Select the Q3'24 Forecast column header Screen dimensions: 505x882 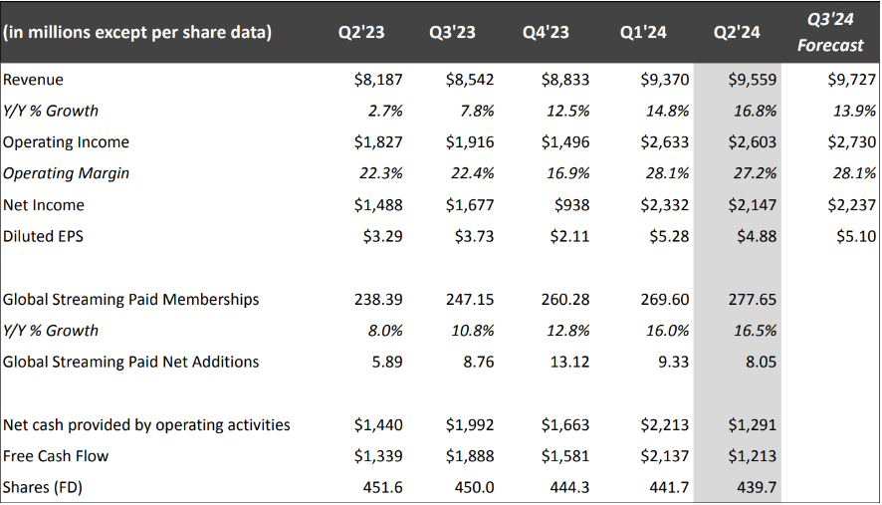pos(836,33)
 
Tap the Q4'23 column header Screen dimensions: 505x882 pos(547,33)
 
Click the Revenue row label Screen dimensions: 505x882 pos(33,80)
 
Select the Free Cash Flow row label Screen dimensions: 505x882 pos(56,456)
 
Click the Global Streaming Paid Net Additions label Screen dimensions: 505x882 pos(130,362)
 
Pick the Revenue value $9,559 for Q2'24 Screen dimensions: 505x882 pos(752,80)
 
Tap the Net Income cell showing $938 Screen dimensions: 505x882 pos(570,205)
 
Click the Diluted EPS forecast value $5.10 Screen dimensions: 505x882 pos(852,236)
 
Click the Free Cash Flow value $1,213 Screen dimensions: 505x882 pos(752,456)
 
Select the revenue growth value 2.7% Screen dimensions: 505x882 pos(383,111)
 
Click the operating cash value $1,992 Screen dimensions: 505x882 pos(470,425)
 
